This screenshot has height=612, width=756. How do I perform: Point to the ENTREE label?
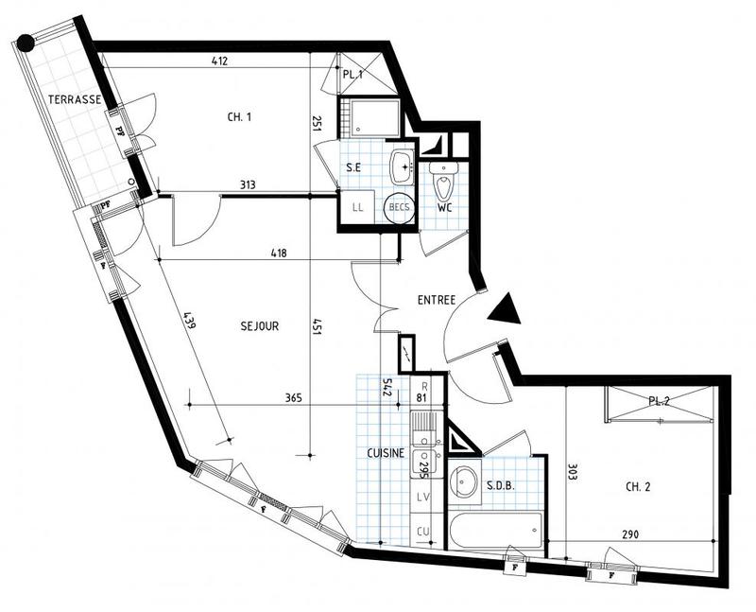(437, 301)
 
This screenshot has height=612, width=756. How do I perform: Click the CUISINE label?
(386, 453)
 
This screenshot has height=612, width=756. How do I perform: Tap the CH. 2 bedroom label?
(641, 487)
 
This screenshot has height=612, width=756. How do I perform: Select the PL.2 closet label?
(659, 401)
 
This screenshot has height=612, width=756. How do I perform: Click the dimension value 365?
(293, 398)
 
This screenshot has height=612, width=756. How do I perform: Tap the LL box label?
(358, 208)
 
